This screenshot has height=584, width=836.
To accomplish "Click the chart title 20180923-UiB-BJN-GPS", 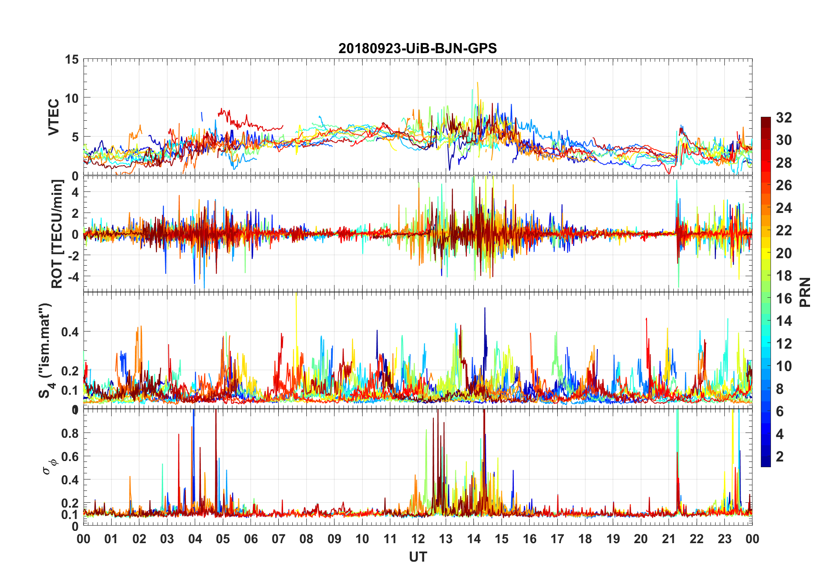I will point(418,48).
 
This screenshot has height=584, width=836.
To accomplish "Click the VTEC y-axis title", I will point(54,117).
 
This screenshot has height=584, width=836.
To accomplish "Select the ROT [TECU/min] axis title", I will point(57,234).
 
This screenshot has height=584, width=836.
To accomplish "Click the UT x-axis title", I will point(418,557).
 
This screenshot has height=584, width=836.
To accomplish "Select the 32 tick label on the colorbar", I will point(784,118).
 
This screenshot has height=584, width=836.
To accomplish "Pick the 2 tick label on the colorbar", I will point(780,457).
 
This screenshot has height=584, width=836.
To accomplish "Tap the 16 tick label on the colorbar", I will point(784,299).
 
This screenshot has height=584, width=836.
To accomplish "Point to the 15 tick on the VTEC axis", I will point(72,59).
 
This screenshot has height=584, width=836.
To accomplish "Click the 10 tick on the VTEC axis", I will point(72,98).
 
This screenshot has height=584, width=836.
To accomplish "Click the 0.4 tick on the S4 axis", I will point(70,332).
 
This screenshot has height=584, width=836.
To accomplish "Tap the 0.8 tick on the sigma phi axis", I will point(70,433).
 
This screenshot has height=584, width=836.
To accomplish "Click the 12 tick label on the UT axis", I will point(418,539).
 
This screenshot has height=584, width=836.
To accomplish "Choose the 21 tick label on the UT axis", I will point(669,539).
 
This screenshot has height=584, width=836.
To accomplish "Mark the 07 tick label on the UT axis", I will point(279,539).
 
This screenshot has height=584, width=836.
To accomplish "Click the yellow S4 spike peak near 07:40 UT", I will point(297,294).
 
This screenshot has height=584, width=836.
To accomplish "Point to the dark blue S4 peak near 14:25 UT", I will point(485,308).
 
